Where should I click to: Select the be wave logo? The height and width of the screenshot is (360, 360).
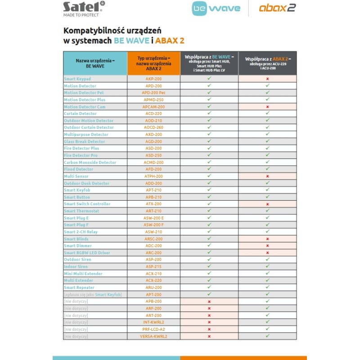pyautogui.click(x=216, y=8)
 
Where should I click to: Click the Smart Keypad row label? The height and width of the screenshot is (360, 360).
pyautogui.click(x=77, y=79)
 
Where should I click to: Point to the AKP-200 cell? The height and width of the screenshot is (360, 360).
pyautogui.click(x=153, y=79)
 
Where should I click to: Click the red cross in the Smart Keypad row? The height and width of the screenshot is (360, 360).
pyautogui.click(x=267, y=79)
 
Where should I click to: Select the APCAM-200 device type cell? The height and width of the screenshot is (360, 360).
pyautogui.click(x=153, y=107)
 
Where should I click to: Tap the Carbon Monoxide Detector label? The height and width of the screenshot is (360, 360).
pyautogui.click(x=90, y=162)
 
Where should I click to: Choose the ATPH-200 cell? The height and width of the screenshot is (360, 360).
pyautogui.click(x=153, y=176)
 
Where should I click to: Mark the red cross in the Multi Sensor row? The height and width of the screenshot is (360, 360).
pyautogui.click(x=267, y=176)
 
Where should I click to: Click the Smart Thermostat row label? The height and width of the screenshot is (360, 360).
pyautogui.click(x=81, y=211)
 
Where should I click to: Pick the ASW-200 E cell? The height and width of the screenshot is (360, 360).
pyautogui.click(x=153, y=218)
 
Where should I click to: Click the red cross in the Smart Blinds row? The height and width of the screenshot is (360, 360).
pyautogui.click(x=267, y=239)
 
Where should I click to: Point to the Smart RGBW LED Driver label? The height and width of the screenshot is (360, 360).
pyautogui.click(x=87, y=253)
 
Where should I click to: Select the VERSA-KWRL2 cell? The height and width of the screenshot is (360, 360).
pyautogui.click(x=153, y=336)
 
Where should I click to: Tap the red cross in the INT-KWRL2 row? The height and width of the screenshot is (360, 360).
pyautogui.click(x=209, y=322)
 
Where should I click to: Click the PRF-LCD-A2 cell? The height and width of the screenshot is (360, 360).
pyautogui.click(x=153, y=329)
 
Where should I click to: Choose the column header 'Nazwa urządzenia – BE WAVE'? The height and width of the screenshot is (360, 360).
pyautogui.click(x=95, y=63)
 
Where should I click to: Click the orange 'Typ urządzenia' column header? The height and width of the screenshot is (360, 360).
pyautogui.click(x=153, y=64)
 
